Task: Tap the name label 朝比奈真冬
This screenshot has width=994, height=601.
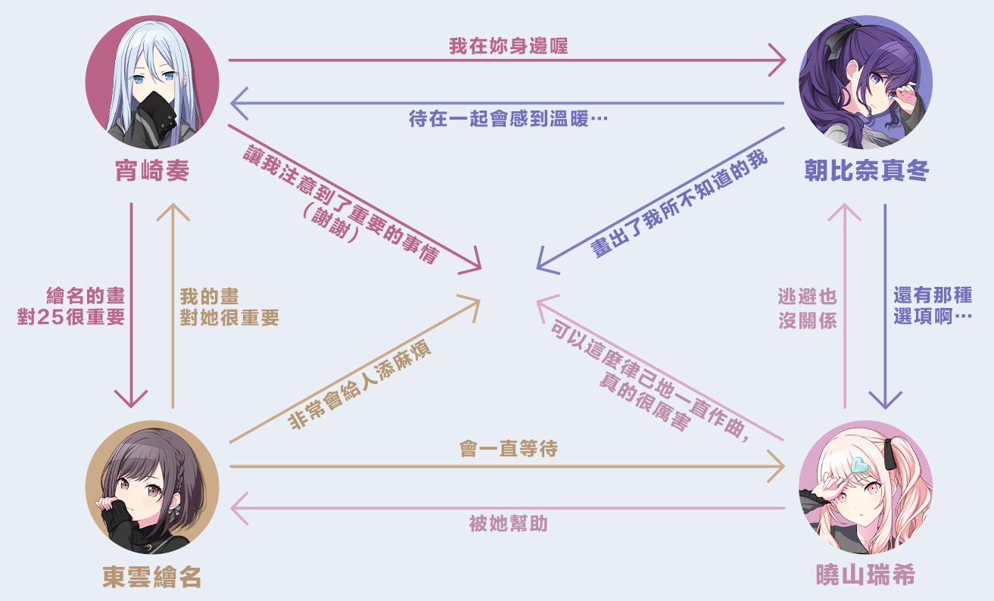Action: click(x=866, y=173)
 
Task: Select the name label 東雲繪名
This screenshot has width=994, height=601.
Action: click(x=152, y=578)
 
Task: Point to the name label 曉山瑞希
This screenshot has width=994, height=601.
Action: click(x=866, y=576)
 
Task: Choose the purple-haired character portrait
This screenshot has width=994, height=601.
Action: click(x=866, y=81)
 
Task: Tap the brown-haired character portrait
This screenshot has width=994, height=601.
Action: click(x=152, y=487)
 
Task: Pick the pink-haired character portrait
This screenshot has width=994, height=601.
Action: click(x=866, y=487)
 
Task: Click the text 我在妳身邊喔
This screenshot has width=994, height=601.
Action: click(x=508, y=46)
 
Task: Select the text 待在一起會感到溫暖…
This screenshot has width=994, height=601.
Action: click(x=509, y=120)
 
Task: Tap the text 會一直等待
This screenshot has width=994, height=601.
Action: click(x=508, y=449)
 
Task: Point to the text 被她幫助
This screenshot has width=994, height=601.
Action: click(x=508, y=524)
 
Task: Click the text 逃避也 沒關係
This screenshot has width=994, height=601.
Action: click(x=808, y=308)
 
